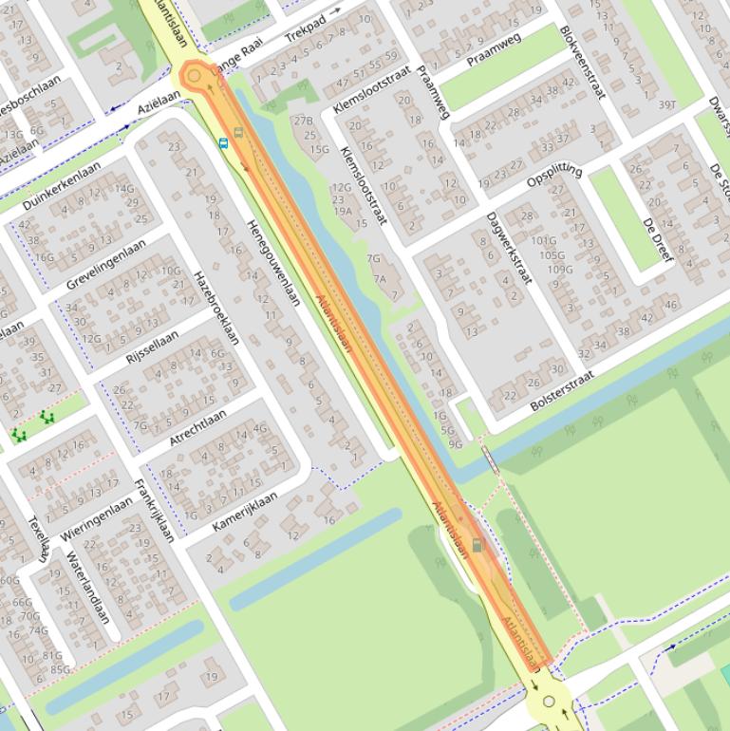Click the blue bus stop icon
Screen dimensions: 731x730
tap(223, 143)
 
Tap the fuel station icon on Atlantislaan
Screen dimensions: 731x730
tap(477, 546)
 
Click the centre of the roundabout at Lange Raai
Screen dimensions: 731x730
tap(196, 76)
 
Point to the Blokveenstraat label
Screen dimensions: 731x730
tap(582, 62)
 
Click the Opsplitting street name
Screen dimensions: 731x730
tap(554, 175)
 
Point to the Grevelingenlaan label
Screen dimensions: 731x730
tap(106, 263)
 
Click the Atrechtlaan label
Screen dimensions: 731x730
tap(197, 427)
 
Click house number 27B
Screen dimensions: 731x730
tap(303, 121)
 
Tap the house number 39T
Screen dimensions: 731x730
tap(667, 104)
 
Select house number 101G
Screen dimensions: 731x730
tap(544, 241)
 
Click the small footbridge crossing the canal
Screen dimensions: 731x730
tap(490, 459)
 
